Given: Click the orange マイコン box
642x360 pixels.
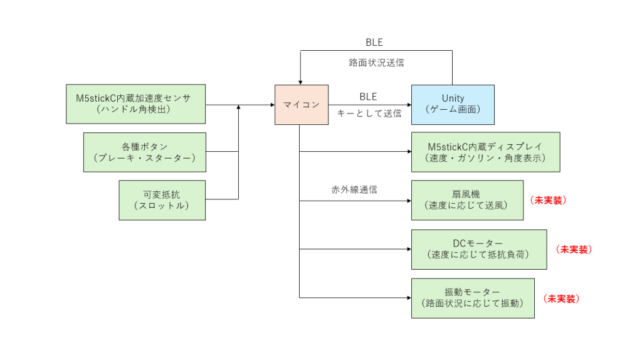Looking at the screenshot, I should (301, 104).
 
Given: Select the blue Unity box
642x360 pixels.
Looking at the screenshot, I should (453, 104).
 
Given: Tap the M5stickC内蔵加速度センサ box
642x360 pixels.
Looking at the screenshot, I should (135, 104).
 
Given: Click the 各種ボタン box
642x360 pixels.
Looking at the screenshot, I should (144, 152).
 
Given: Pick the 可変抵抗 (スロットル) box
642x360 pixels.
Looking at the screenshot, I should (162, 200).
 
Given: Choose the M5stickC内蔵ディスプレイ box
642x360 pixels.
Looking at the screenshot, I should (485, 152).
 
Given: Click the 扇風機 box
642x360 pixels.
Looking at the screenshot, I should (467, 200).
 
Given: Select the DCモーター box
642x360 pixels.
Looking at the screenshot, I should (478, 249).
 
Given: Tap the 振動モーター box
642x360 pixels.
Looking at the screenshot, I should (473, 298).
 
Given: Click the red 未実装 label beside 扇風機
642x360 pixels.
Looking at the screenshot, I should (548, 200).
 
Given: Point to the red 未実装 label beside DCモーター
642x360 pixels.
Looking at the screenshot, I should (574, 249).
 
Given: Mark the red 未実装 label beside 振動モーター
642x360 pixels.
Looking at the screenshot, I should (561, 299).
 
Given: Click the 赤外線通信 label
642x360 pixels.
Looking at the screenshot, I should (354, 189).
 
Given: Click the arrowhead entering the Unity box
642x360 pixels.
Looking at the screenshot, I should (408, 105).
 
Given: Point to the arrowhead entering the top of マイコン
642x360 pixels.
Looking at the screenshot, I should (301, 81).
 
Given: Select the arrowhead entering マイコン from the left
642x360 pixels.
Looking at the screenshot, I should (271, 105).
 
